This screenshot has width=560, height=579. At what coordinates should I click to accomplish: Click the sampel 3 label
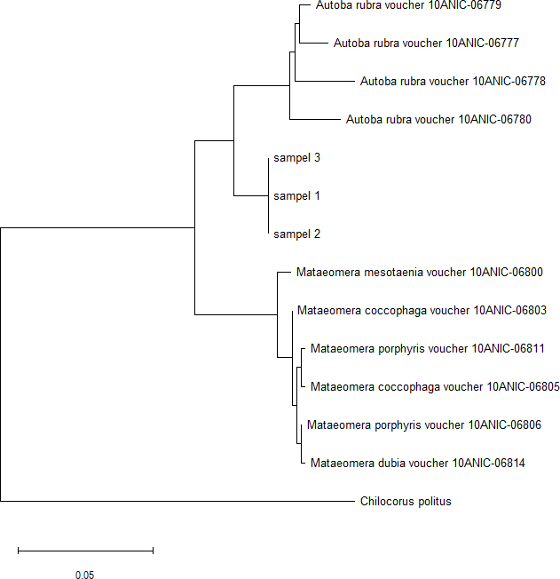coord(296,158)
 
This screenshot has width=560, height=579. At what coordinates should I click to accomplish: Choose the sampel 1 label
coord(296,196)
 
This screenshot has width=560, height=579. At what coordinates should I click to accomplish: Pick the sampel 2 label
coord(296,234)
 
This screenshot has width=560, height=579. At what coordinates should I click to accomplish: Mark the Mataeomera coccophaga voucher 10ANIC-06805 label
coord(435,387)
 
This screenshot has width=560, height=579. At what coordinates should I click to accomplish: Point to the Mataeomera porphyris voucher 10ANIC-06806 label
coord(424,425)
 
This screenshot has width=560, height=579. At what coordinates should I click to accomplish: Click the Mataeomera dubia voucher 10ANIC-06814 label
coord(418,464)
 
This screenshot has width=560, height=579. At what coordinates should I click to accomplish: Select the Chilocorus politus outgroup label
coord(406,502)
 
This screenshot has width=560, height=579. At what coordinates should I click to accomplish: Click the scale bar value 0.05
coord(84,575)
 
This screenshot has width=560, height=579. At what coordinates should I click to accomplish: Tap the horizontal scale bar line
coord(85,551)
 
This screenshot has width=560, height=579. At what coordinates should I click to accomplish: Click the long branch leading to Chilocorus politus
coord(177,501)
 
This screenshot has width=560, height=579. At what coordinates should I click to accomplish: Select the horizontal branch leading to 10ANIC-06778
coord(324,81)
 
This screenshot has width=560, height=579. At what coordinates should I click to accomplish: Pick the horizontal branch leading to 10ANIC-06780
coord(314,119)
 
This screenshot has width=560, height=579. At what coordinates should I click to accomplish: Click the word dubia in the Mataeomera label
coord(382,464)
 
